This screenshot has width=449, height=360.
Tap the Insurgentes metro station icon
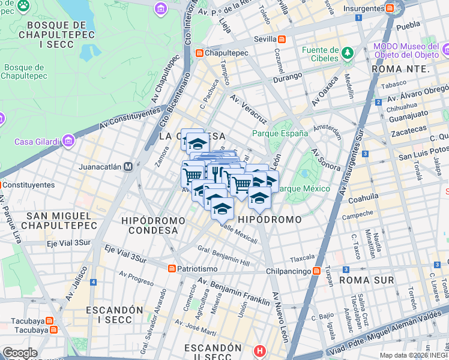(x=390, y=8)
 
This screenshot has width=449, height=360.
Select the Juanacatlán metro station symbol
(x=128, y=167)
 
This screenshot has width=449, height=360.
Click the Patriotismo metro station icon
(x=172, y=268)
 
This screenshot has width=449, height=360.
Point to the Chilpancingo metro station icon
(x=316, y=271)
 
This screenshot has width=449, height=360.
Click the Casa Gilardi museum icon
(x=67, y=142)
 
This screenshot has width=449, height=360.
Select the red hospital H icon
(x=259, y=350)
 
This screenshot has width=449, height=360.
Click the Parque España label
(x=280, y=133)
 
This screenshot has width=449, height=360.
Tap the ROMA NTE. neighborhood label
(x=401, y=69)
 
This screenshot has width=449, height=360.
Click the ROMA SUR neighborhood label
(x=366, y=280)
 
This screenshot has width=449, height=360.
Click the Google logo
(x=20, y=353)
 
